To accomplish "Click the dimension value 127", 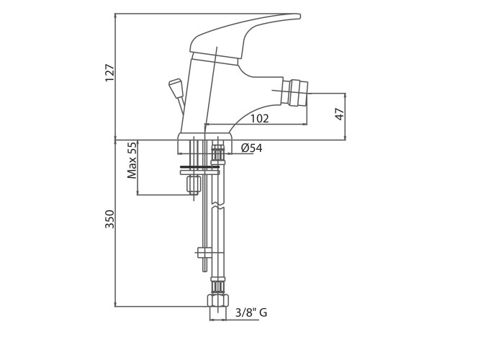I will point(110,73).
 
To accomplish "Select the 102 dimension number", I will point(259,118).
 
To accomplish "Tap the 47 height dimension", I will point(340,114).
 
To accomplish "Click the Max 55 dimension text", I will point(132,160).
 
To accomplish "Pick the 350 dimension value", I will point(110,219).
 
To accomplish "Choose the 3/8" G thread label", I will point(251,312).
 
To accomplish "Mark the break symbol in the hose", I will point(217,210).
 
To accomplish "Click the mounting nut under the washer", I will point(193,185).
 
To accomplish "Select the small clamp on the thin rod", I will point(204,252).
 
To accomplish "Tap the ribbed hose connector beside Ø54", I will point(218,153).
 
